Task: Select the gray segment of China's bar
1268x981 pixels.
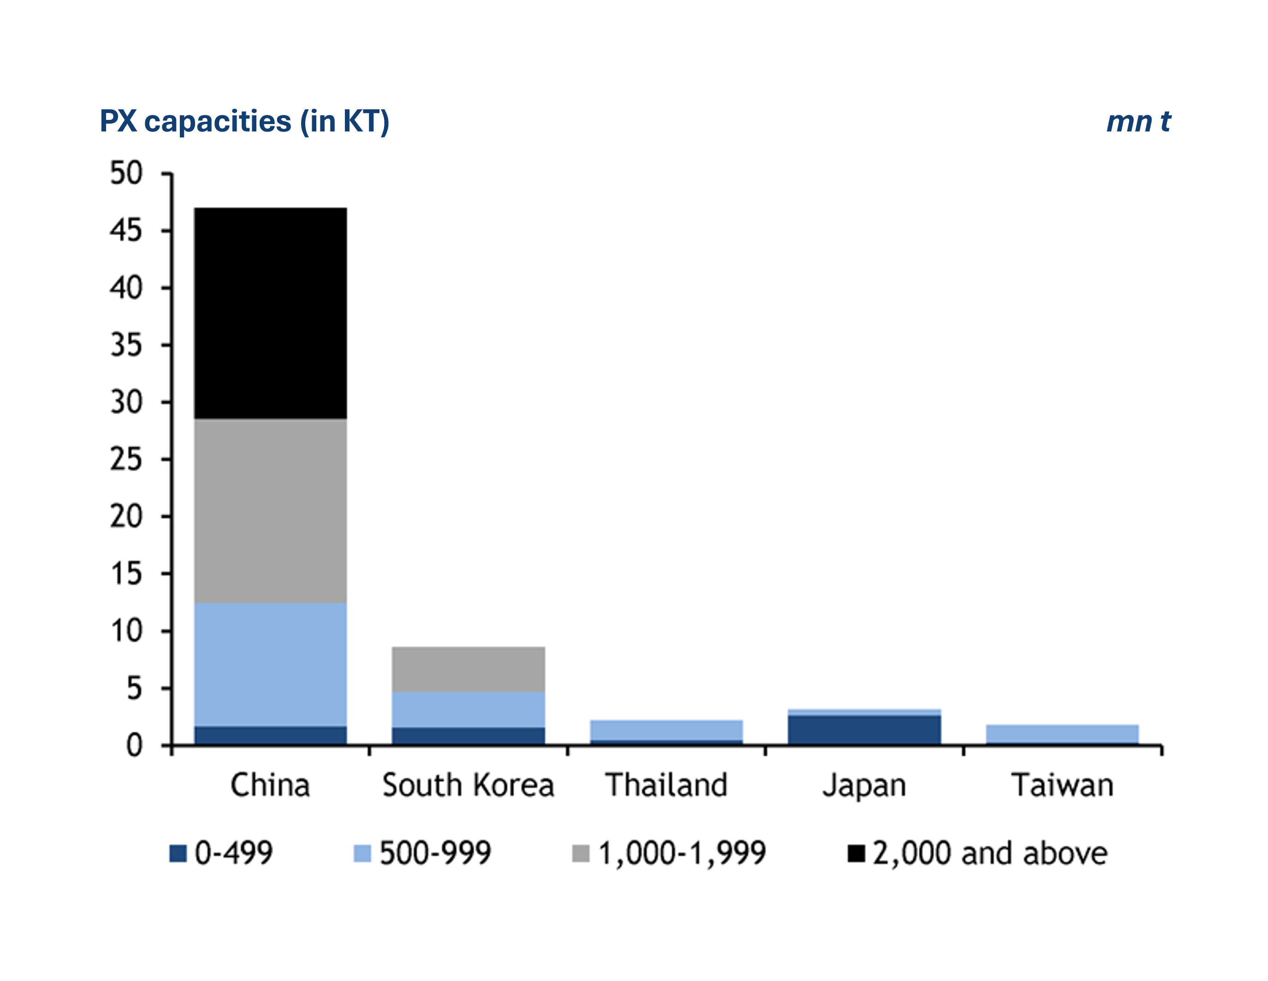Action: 271,511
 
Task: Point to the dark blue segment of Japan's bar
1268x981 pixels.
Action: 864,730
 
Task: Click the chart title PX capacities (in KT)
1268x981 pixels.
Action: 244,121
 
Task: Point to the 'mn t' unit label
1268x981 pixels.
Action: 1138,122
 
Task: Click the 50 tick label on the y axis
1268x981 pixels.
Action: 126,173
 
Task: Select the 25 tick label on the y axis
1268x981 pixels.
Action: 126,459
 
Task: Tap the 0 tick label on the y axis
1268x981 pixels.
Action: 134,745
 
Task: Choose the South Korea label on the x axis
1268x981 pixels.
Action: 468,785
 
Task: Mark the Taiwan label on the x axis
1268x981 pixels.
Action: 1062,785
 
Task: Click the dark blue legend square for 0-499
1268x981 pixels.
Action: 178,854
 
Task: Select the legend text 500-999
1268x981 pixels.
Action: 435,853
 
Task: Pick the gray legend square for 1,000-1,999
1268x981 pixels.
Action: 581,854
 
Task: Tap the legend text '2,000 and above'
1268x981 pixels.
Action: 990,853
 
